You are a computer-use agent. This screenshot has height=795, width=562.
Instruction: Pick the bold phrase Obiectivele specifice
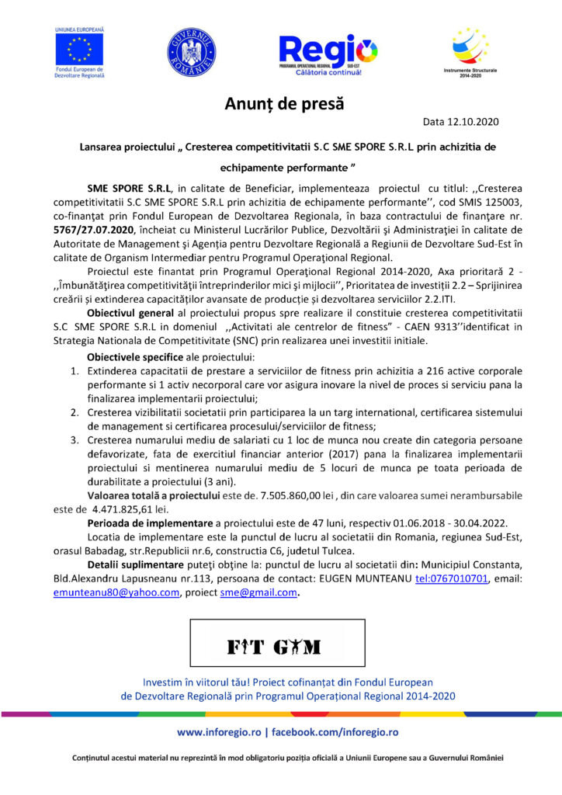(x=138, y=356)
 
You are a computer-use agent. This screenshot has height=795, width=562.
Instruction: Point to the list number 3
(x=75, y=440)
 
